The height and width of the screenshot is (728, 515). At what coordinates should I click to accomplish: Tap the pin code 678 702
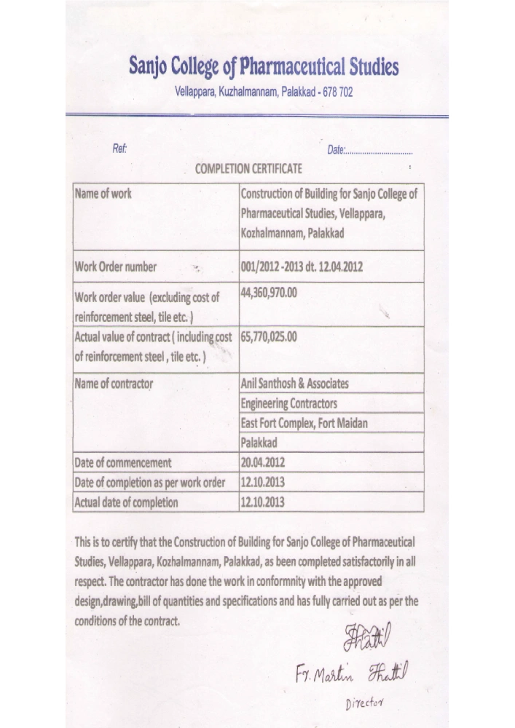point(334,93)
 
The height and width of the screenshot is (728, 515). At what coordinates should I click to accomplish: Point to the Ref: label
point(120,149)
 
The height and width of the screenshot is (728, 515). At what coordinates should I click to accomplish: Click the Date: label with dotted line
point(370,151)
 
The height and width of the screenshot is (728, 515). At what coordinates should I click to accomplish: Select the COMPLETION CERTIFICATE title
point(249,170)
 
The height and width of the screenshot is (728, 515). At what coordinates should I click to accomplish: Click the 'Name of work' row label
point(103,194)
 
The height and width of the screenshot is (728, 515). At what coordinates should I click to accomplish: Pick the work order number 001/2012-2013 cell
point(302,266)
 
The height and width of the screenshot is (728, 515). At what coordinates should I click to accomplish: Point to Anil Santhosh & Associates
point(294,383)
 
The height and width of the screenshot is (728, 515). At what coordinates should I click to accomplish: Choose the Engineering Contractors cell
point(288,403)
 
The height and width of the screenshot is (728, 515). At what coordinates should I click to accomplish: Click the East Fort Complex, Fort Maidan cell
point(304,423)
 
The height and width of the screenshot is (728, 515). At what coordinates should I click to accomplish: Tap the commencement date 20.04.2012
point(263,462)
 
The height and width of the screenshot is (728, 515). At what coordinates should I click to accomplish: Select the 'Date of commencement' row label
point(123,462)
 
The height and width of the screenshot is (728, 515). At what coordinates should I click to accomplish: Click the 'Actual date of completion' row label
point(126,502)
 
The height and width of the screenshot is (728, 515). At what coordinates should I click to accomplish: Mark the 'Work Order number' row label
point(116,266)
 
